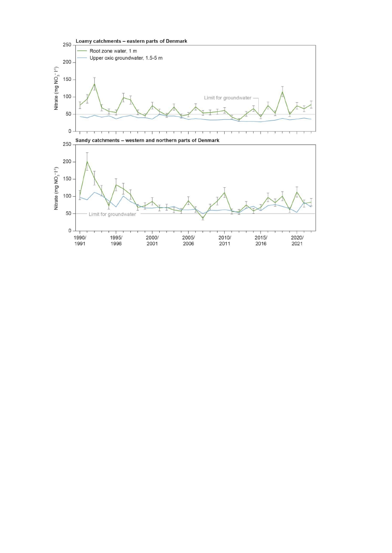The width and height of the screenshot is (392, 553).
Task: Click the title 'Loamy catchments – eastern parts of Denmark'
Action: [131, 41]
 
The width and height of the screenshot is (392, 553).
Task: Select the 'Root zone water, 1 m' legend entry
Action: [111, 51]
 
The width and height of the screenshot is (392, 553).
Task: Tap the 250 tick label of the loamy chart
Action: [67, 45]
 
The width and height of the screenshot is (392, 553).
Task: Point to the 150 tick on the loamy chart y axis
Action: [67, 79]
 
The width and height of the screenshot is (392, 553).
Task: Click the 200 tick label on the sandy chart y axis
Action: [67, 162]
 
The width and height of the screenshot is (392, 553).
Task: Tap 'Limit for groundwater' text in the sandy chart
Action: [112, 214]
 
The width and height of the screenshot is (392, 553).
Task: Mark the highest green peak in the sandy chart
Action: [87, 161]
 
